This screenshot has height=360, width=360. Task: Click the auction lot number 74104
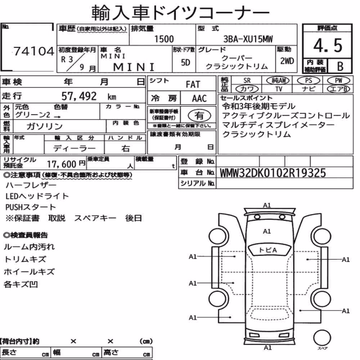pos(34,51)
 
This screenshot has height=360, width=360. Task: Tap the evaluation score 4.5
pos(328,45)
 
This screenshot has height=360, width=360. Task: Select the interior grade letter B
pos(340,66)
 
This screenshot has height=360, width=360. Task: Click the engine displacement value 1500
pos(164,39)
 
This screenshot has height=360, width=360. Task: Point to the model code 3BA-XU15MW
pos(248,39)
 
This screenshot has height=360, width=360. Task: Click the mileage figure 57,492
pos(79,96)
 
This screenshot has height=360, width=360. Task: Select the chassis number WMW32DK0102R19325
pos(273,173)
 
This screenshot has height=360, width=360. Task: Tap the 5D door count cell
pos(185,62)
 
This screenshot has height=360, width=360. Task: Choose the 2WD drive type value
pos(287,61)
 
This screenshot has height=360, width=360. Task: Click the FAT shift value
pos(193,85)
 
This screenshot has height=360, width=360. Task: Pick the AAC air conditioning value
pos(199,99)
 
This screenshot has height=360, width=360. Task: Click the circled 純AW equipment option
pos(278,80)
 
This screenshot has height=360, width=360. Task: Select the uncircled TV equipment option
pos(279,89)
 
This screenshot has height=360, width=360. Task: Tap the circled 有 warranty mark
pos(199,116)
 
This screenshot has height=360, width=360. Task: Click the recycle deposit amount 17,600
pos(62,164)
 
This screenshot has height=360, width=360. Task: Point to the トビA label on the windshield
pos(268,250)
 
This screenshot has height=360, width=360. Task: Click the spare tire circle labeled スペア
pos(322,338)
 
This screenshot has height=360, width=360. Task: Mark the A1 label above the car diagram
pos(267,205)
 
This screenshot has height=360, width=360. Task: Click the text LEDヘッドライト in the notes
pos(37,196)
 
